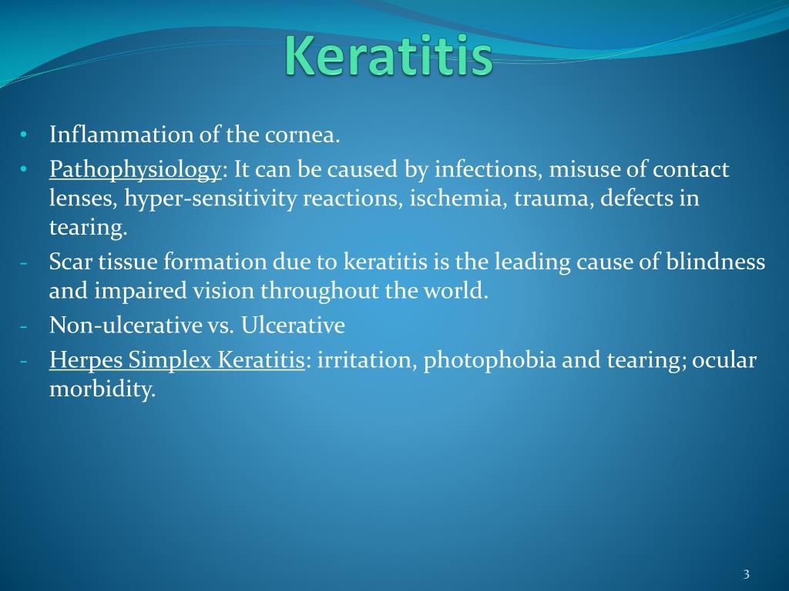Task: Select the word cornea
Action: coord(302,136)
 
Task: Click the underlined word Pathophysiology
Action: coord(136,170)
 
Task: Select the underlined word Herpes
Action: coord(86,360)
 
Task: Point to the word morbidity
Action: coord(101,389)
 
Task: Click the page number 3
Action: coord(746,574)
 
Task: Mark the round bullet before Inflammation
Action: coord(24,136)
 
